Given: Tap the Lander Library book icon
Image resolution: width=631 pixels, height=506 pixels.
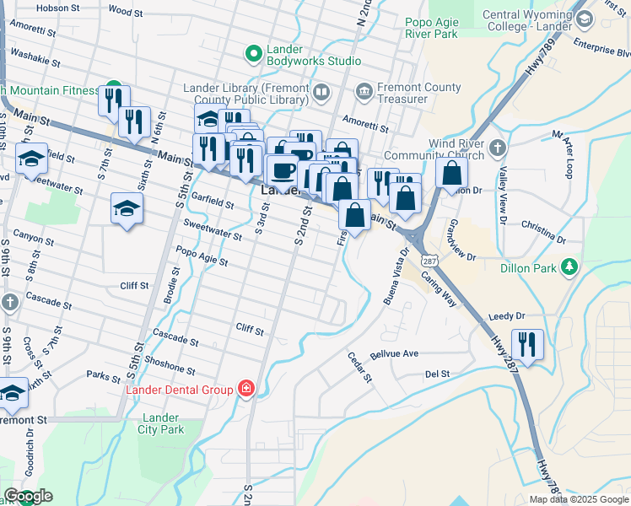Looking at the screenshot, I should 321,92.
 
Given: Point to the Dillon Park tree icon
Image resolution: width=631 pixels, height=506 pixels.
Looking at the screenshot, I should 571,267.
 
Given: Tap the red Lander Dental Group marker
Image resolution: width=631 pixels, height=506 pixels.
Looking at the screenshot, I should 245,389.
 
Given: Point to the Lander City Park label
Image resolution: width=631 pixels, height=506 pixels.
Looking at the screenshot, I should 160,423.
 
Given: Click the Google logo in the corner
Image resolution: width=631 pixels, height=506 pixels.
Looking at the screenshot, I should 28,496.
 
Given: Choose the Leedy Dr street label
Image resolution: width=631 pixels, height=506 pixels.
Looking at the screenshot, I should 506,315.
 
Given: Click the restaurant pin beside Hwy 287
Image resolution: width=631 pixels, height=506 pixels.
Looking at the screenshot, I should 527,345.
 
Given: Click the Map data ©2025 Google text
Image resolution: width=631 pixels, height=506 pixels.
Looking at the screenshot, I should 579,499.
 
